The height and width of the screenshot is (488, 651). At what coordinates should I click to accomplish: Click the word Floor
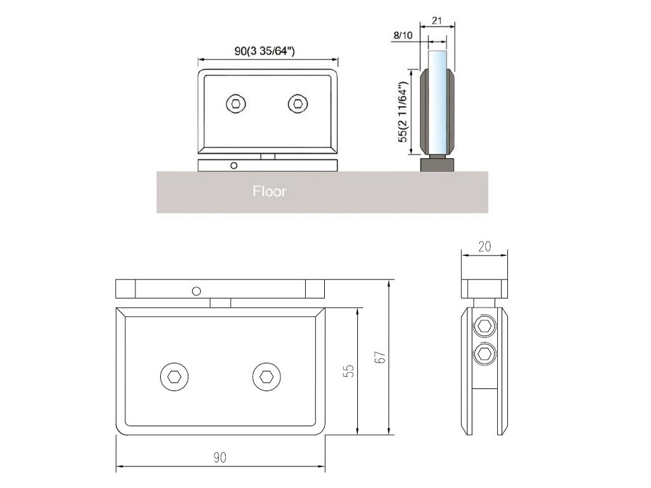[270, 191]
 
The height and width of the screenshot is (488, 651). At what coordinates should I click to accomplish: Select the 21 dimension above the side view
[437, 20]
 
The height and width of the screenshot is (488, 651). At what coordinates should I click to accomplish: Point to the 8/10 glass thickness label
[403, 36]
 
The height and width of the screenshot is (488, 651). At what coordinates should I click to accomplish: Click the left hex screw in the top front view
[236, 104]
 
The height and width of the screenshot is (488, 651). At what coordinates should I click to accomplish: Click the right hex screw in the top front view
[297, 104]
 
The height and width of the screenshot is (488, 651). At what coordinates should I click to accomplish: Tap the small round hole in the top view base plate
[234, 165]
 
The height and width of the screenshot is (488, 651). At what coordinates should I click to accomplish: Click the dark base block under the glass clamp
[438, 165]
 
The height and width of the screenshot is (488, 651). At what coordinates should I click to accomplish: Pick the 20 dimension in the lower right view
[484, 247]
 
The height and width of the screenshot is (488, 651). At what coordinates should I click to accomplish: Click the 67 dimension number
[380, 358]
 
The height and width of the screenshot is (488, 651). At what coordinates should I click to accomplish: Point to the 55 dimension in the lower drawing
[348, 371]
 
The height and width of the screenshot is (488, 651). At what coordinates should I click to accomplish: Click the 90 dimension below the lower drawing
[220, 457]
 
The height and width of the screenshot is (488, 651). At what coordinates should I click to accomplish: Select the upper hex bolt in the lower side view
[485, 327]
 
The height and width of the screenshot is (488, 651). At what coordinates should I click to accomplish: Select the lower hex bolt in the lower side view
[485, 354]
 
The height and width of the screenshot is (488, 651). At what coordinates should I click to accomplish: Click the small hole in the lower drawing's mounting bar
[196, 291]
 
